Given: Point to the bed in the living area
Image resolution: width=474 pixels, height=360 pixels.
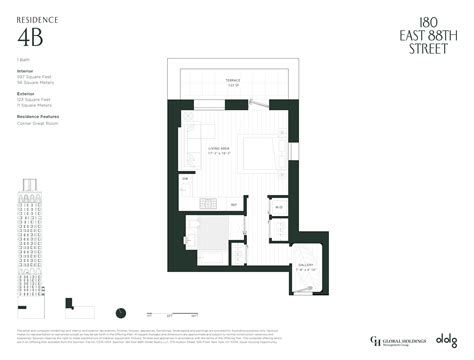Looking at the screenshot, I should (258, 150).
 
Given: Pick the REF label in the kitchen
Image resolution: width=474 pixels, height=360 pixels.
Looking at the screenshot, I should (234, 205).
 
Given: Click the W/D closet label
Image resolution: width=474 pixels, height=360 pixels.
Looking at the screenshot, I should (279, 207).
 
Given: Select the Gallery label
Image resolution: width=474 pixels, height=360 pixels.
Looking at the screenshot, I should (305, 266).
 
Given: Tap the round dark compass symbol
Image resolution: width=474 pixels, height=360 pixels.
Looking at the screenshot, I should (120, 312).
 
